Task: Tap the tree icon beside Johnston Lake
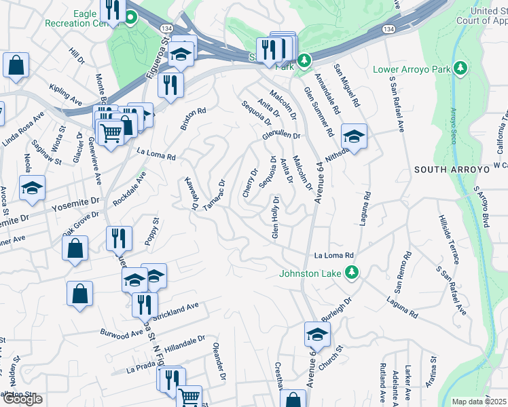[351, 273]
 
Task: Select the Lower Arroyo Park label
[414, 70]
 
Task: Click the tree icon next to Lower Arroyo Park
[461, 68]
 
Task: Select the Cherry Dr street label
[251, 183]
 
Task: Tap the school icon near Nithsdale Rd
[354, 136]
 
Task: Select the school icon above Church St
[316, 334]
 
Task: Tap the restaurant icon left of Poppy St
[119, 238]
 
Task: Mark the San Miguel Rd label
[346, 87]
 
